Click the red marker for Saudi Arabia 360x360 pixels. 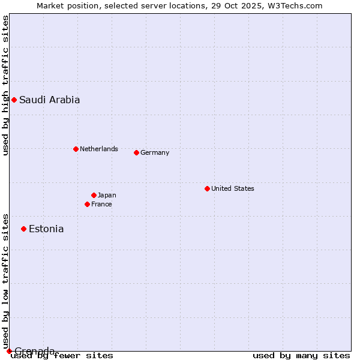(x=14, y=100)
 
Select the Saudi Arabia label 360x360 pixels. (x=49, y=100)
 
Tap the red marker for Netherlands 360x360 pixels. (x=76, y=149)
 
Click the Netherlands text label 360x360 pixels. (x=98, y=149)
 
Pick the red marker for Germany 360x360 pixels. (x=136, y=152)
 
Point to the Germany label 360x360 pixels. (x=155, y=152)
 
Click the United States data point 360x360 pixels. (x=207, y=188)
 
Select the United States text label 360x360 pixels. (x=232, y=188)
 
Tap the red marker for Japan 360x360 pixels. (x=94, y=195)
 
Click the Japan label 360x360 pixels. (x=107, y=195)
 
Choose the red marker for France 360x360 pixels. (x=87, y=204)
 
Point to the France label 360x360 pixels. (x=101, y=204)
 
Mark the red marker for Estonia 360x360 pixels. (x=23, y=229)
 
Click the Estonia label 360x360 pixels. (x=46, y=229)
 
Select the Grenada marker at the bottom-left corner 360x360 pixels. (x=9, y=351)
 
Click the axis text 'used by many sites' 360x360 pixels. (x=301, y=356)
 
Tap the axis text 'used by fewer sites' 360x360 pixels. (x=62, y=356)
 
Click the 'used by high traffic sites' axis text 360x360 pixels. (x=5, y=85)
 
